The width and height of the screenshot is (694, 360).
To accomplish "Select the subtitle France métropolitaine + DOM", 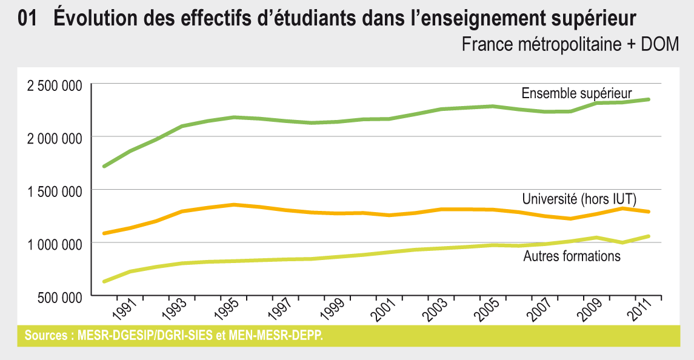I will pos(570,45).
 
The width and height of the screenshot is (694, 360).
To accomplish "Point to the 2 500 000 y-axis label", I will pos(55,85).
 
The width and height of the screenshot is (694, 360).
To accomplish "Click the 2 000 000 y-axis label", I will pos(55,138).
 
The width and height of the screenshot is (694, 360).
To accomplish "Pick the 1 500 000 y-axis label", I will pos(55,191).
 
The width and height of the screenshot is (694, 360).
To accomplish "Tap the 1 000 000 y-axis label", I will pos(55,244).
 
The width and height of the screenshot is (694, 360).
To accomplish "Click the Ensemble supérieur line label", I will pos(576,93).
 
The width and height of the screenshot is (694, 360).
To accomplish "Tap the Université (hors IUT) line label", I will pos(579,199).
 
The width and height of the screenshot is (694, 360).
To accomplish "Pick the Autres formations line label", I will pos(572,256).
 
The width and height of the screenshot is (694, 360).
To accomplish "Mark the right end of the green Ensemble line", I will pos(649,99).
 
